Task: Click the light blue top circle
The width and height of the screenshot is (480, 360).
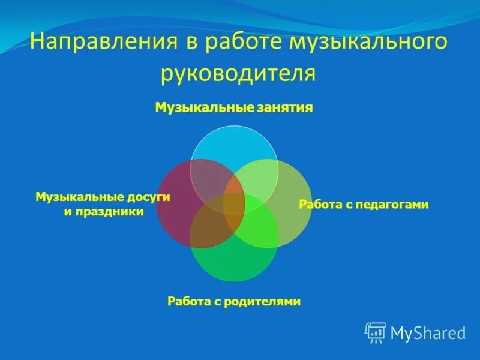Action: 234,144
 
